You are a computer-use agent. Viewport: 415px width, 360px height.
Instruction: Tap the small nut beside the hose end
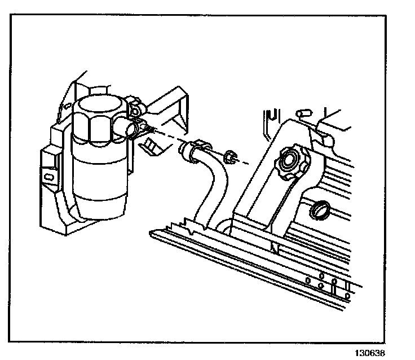(x=229, y=157)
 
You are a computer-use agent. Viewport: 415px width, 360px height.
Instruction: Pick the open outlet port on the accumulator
(x=132, y=130)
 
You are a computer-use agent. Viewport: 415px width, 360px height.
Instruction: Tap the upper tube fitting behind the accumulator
(x=136, y=104)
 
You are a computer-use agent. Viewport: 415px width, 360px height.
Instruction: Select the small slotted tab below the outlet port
(x=151, y=145)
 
